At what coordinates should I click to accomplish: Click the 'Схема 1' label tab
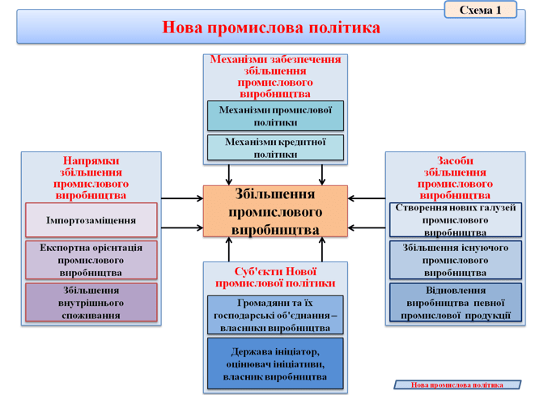click(481, 10)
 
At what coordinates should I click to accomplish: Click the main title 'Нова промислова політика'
click(271, 28)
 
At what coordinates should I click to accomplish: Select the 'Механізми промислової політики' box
click(275, 116)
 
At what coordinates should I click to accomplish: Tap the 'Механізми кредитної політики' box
click(275, 147)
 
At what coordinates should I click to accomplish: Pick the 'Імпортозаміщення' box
click(91, 220)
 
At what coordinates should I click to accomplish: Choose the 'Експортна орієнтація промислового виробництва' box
click(91, 260)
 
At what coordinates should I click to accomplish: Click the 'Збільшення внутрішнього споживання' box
click(91, 303)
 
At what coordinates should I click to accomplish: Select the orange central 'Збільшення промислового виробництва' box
click(275, 211)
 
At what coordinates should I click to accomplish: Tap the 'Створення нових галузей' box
click(456, 219)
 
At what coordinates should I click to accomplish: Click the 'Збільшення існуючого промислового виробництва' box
click(456, 260)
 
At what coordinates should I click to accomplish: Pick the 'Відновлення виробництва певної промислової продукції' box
click(456, 303)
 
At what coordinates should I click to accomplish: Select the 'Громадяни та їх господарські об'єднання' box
click(275, 315)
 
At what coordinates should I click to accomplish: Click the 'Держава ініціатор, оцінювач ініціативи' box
click(275, 363)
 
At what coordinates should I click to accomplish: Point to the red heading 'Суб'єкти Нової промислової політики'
click(275, 278)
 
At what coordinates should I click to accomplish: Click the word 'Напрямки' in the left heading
click(91, 161)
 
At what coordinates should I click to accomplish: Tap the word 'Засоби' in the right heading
click(455, 161)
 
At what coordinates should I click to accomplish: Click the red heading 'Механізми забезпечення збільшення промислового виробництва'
click(275, 76)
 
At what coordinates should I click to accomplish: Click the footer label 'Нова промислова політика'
click(457, 384)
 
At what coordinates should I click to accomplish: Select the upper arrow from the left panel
click(182, 198)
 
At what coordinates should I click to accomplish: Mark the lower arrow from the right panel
click(367, 227)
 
